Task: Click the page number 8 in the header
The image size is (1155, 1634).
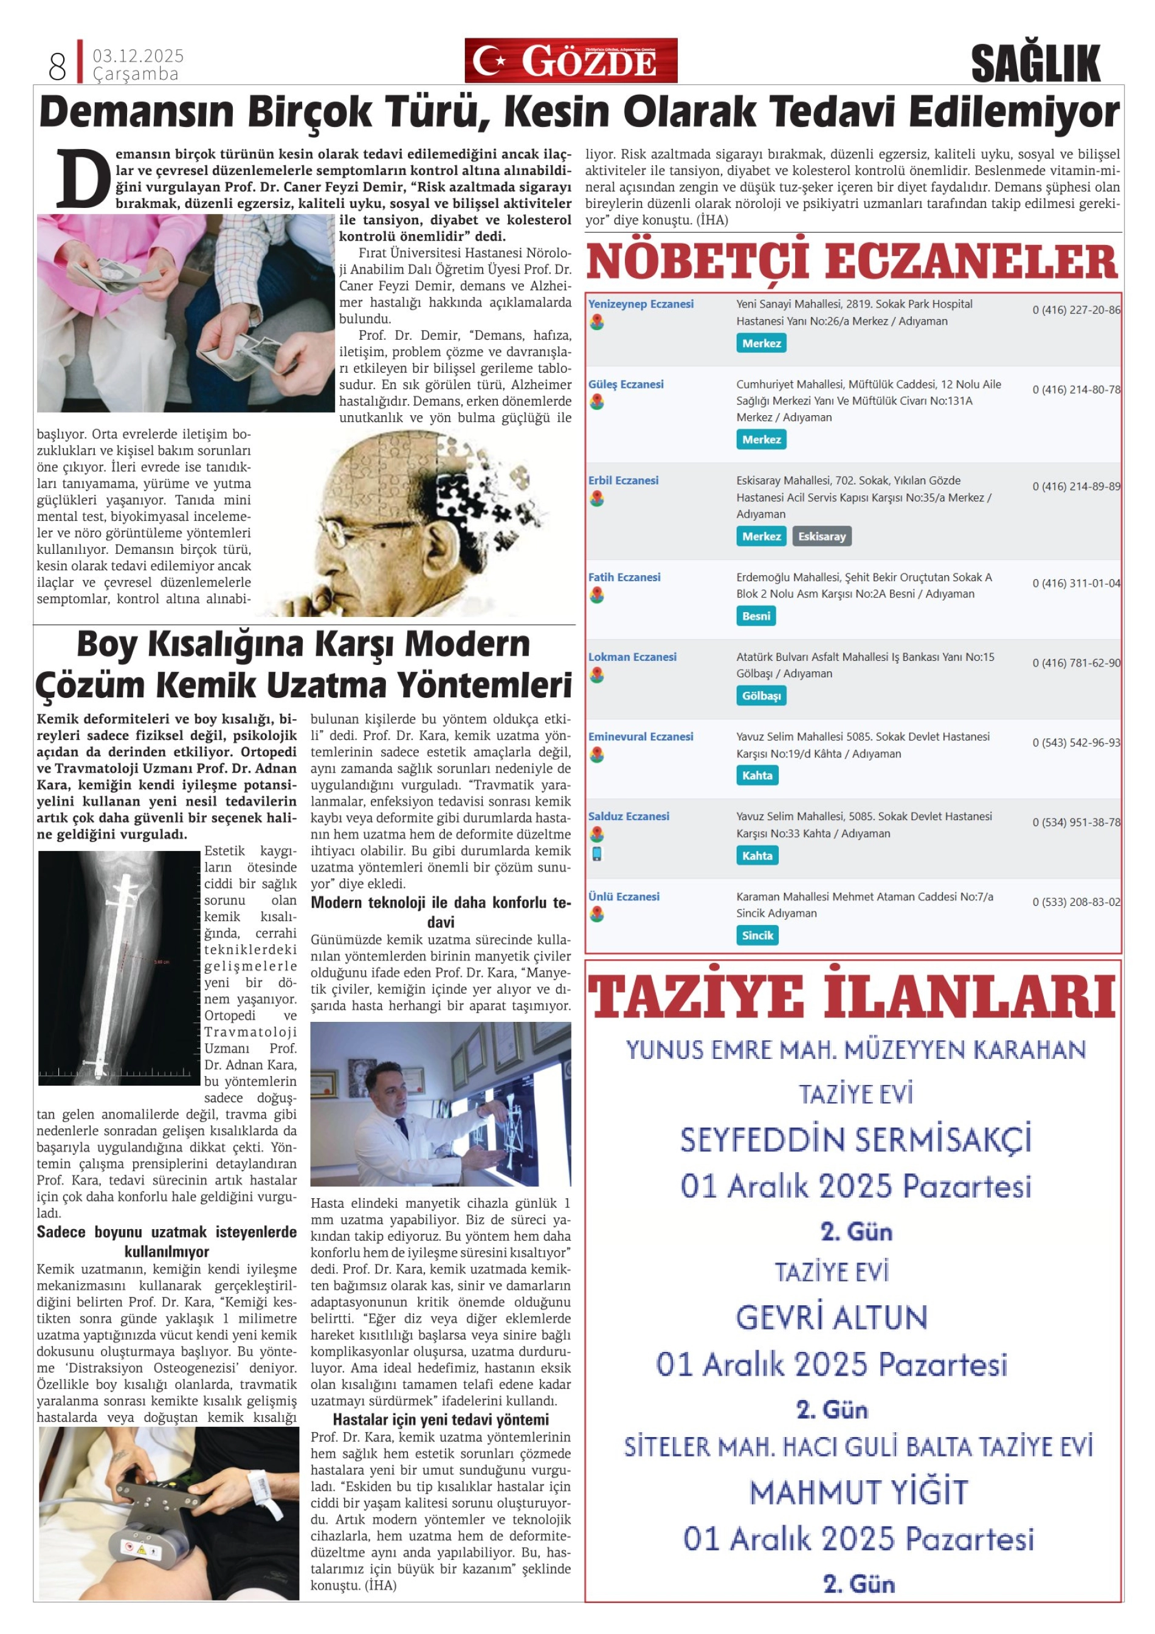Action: pyautogui.click(x=57, y=67)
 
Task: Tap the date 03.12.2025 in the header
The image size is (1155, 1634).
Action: pyautogui.click(x=138, y=55)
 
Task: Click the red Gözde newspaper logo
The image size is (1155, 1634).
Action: pyautogui.click(x=571, y=61)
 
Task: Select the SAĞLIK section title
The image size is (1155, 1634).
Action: pyautogui.click(x=1035, y=64)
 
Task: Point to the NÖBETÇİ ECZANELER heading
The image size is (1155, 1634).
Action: pyautogui.click(x=852, y=262)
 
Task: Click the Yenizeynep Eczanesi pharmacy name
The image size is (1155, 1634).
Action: pyautogui.click(x=641, y=304)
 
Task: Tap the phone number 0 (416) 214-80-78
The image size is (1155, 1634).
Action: pyautogui.click(x=1076, y=390)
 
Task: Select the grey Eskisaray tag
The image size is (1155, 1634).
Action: pyautogui.click(x=821, y=537)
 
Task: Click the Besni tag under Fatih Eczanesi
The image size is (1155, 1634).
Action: pyautogui.click(x=756, y=616)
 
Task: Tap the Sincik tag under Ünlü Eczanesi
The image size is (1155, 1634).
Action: pyautogui.click(x=757, y=936)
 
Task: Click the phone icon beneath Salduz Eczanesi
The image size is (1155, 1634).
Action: pyautogui.click(x=597, y=853)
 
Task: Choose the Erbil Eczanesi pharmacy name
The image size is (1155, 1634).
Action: pyautogui.click(x=624, y=480)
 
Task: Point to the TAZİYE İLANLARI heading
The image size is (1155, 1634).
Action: pyautogui.click(x=852, y=996)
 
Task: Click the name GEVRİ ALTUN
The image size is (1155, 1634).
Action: pyautogui.click(x=831, y=1317)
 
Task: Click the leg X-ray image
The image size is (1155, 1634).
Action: pyautogui.click(x=119, y=968)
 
